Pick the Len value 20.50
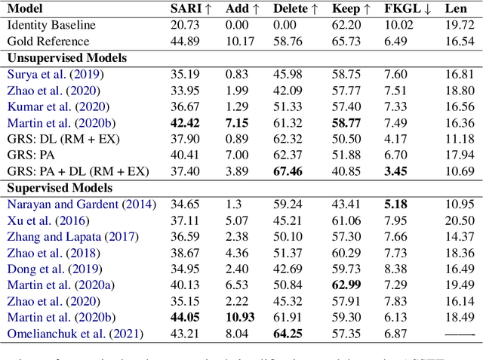tap(460, 220)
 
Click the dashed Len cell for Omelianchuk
tap(460, 334)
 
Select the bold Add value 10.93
tap(238, 317)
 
